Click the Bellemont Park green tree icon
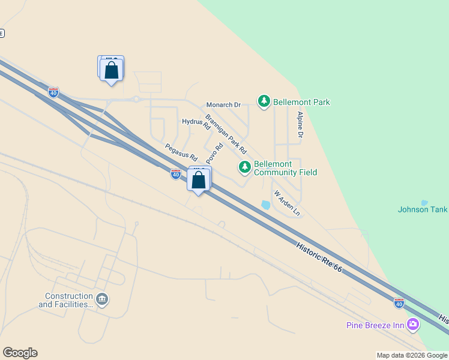point(264,101)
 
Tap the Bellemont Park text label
point(301,103)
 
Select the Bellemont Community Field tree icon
point(244,167)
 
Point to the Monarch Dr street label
point(223,105)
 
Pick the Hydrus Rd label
point(196,124)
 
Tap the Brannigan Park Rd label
point(226,134)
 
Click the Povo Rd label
point(214,153)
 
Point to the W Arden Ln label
point(286,203)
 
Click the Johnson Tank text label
point(423,209)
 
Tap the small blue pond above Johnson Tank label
point(425,203)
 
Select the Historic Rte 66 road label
point(319,258)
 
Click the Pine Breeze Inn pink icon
point(413,325)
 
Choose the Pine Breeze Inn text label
point(375,326)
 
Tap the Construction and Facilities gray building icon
point(102,299)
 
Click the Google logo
point(20,353)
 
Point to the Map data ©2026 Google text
point(412,355)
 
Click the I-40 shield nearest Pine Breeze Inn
point(399,303)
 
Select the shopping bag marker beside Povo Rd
point(198,180)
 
